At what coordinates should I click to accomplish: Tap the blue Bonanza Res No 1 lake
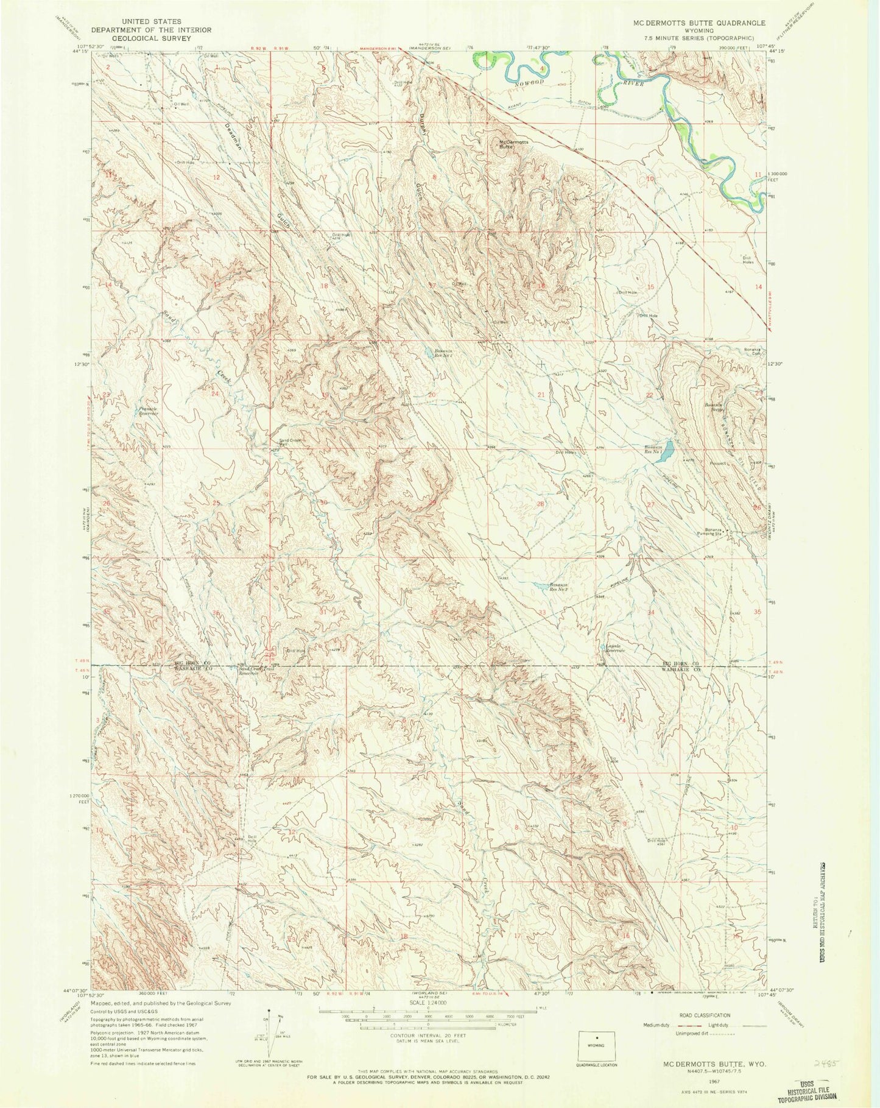click(667, 450)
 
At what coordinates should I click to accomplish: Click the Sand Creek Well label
click(290, 442)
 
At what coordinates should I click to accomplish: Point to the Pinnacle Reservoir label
click(148, 411)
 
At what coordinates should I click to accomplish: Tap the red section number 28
click(540, 504)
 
